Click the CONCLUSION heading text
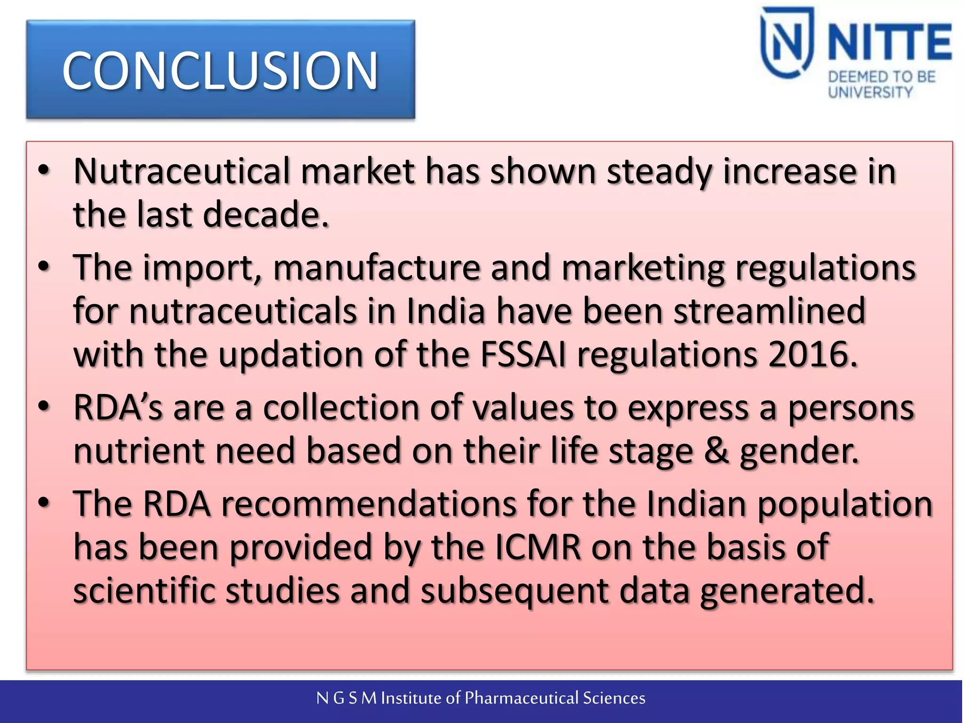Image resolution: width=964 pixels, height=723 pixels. (x=220, y=70)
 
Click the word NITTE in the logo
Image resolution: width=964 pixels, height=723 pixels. (x=889, y=43)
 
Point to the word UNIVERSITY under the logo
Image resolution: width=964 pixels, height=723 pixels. (x=870, y=92)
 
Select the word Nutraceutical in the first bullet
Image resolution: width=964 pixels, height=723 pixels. (x=181, y=171)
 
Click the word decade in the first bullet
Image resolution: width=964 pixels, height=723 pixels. (x=265, y=215)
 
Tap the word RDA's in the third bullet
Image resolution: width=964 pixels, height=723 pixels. (x=118, y=408)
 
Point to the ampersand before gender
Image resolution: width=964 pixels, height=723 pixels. (x=716, y=451)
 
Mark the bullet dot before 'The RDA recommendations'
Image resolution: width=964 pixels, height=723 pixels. (x=44, y=503)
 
